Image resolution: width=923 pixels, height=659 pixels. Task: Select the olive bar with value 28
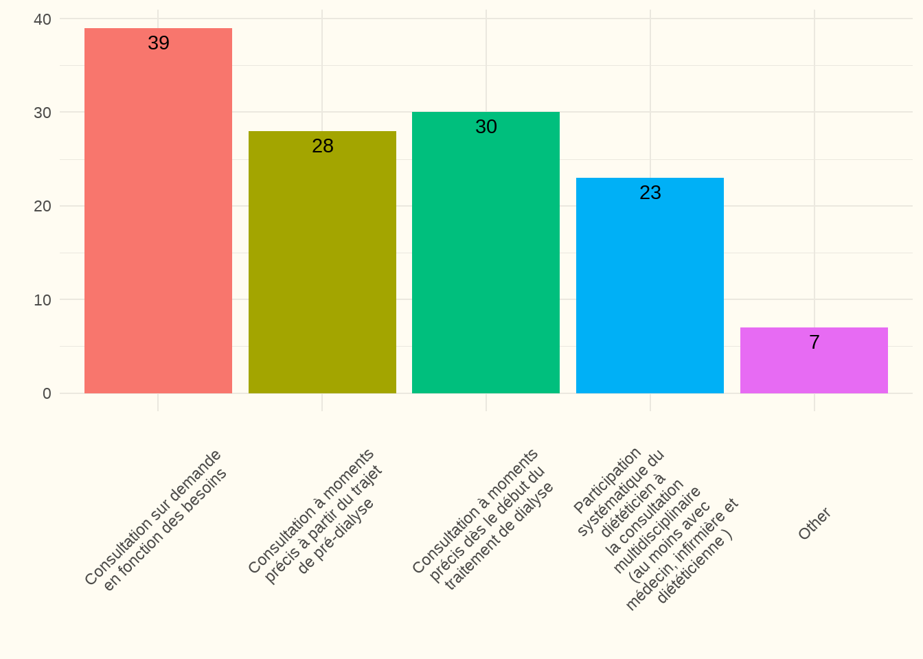pyautogui.click(x=322, y=268)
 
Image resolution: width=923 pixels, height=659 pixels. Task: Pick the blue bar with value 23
pyautogui.click(x=650, y=288)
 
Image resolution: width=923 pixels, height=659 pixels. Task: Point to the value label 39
pyautogui.click(x=159, y=43)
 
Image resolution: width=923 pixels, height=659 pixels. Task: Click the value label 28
pyautogui.click(x=323, y=146)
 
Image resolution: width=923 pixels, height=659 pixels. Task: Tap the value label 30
pyautogui.click(x=486, y=127)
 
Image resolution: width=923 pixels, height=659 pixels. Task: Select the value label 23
pyautogui.click(x=650, y=193)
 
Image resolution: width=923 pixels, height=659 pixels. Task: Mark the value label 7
pyautogui.click(x=814, y=343)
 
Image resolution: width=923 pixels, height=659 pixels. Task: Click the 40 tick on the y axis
pyautogui.click(x=43, y=19)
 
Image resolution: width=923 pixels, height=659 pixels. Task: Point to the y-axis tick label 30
pyautogui.click(x=43, y=113)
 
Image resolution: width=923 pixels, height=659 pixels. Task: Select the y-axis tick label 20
pyautogui.click(x=43, y=206)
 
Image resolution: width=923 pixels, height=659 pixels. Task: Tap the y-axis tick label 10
pyautogui.click(x=43, y=300)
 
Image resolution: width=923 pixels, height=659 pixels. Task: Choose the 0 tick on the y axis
pyautogui.click(x=47, y=393)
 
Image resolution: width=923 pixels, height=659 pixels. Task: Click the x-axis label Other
pyautogui.click(x=814, y=524)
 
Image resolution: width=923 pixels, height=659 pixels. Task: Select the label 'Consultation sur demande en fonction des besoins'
pyautogui.click(x=157, y=520)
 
